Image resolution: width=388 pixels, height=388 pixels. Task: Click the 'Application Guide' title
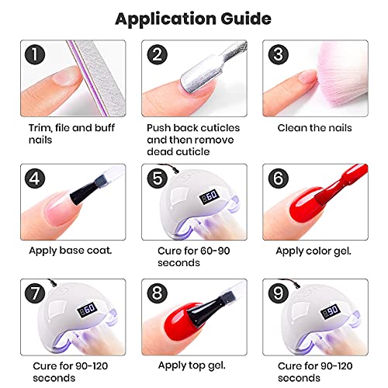click(x=194, y=16)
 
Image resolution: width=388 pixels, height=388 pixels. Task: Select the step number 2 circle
click(x=158, y=54)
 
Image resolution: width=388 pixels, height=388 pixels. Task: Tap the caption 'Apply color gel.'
click(x=308, y=250)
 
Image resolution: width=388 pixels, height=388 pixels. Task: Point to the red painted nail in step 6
click(x=299, y=213)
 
